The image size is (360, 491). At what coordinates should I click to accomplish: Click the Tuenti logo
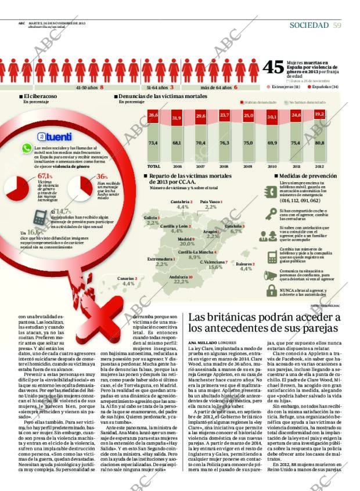tap(55, 137)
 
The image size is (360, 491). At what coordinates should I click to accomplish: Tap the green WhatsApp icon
tap(26, 149)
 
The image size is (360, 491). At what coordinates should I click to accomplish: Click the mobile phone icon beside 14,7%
tap(39, 217)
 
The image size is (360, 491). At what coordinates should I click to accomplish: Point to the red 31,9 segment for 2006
tap(177, 118)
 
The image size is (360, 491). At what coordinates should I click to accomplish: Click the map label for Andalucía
tap(181, 277)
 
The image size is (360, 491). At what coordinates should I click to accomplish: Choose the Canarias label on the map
tap(127, 279)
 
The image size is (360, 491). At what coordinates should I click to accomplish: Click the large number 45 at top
tap(273, 67)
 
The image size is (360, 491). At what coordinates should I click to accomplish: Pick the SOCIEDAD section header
tap(309, 24)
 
